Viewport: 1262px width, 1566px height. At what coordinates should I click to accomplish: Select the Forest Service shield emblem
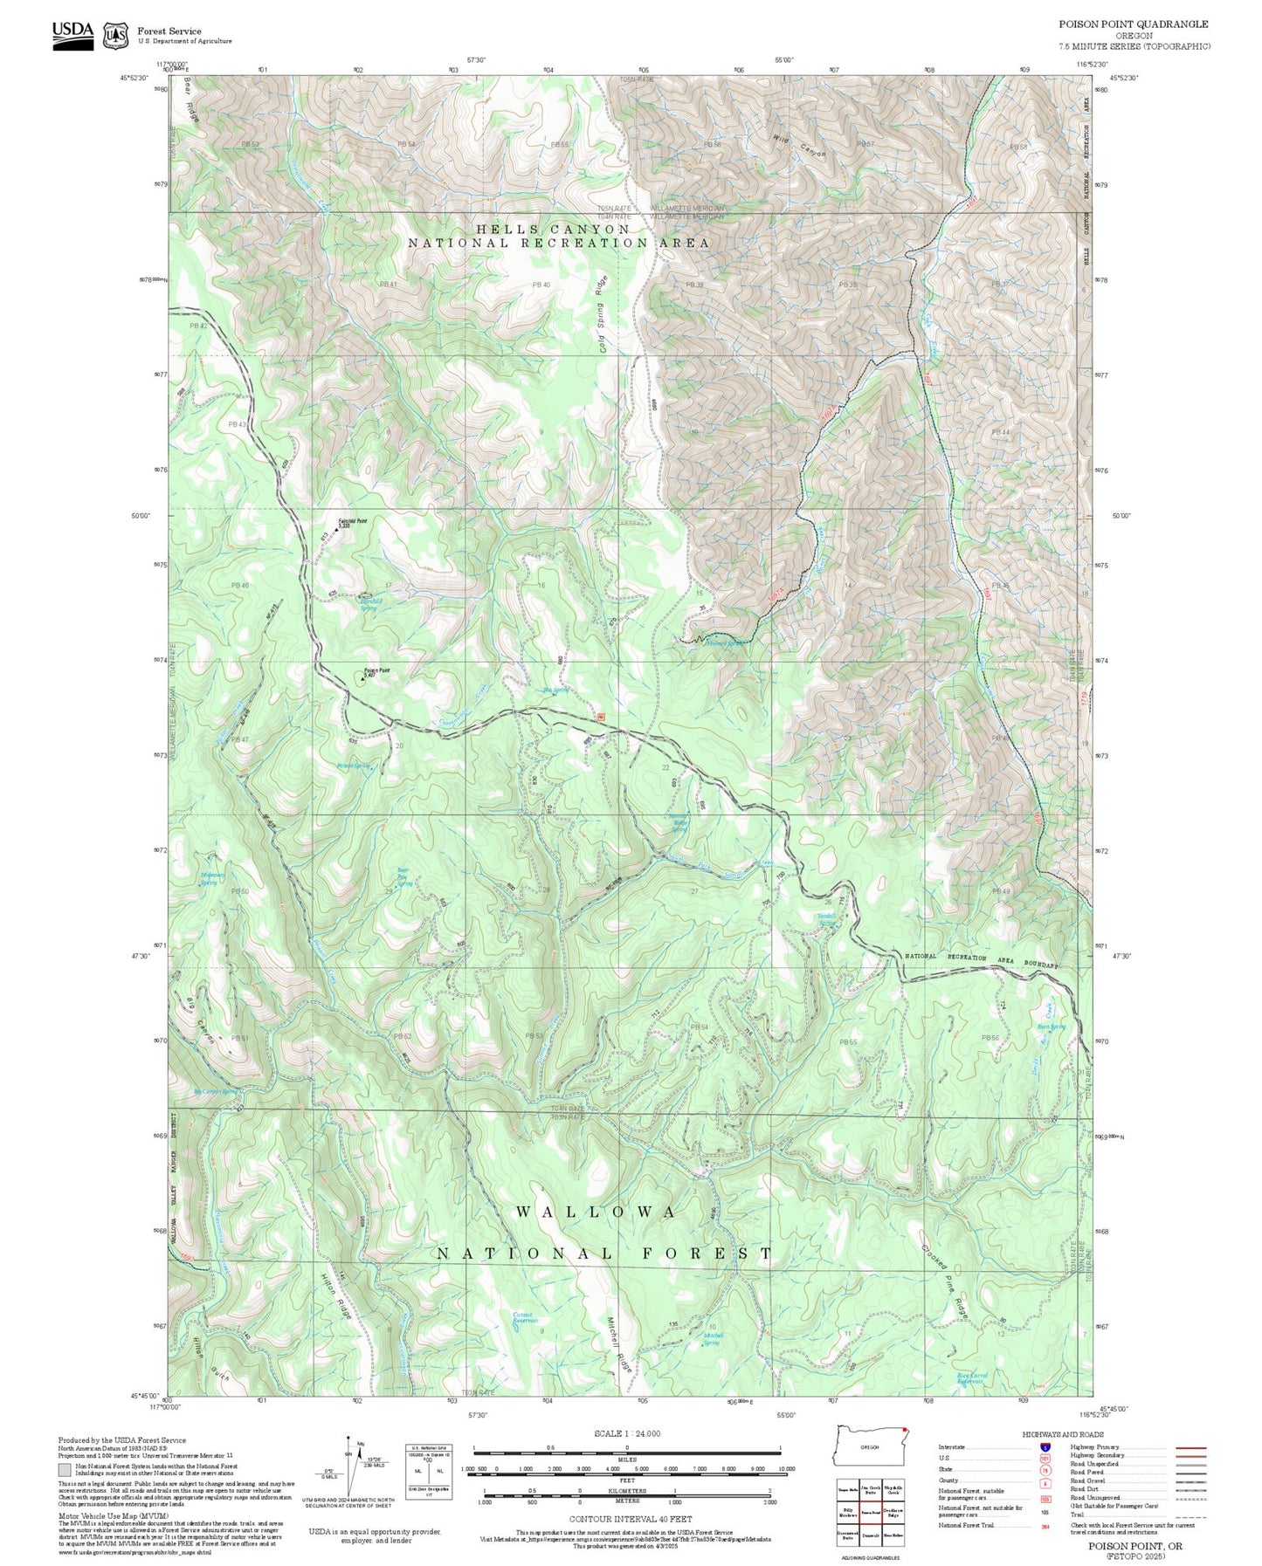pos(115,36)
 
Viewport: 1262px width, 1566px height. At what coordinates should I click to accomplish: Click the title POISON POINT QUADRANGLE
pos(1134,24)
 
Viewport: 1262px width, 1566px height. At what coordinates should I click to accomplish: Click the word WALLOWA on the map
pos(596,1212)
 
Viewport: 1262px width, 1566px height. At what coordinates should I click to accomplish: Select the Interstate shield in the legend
pos(1045,1447)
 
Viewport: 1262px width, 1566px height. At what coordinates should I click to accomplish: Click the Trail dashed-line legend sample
pos(1190,1517)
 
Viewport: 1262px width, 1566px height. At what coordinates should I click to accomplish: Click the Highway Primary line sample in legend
pos(1190,1447)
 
